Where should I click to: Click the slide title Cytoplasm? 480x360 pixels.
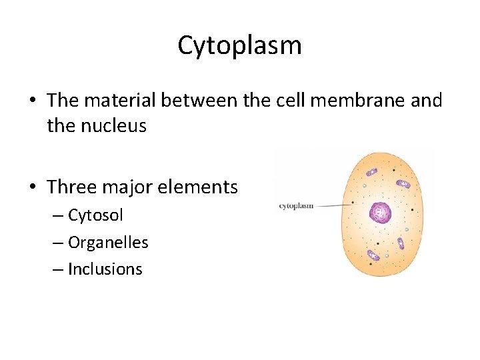[x=239, y=45]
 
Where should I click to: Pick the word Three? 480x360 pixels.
[x=71, y=187]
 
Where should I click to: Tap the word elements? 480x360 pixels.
[x=199, y=187]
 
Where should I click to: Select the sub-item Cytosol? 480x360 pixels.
[x=95, y=216]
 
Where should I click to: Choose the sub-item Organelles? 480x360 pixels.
[x=108, y=243]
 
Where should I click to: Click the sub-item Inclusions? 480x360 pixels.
[x=105, y=269]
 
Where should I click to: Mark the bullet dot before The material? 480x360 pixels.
[x=32, y=101]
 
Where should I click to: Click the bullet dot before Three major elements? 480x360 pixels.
[x=32, y=188]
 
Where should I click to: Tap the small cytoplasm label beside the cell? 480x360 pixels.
[x=296, y=206]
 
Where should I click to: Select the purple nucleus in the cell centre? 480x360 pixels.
[x=381, y=213]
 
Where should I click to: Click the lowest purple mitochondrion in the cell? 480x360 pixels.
[x=373, y=255]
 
